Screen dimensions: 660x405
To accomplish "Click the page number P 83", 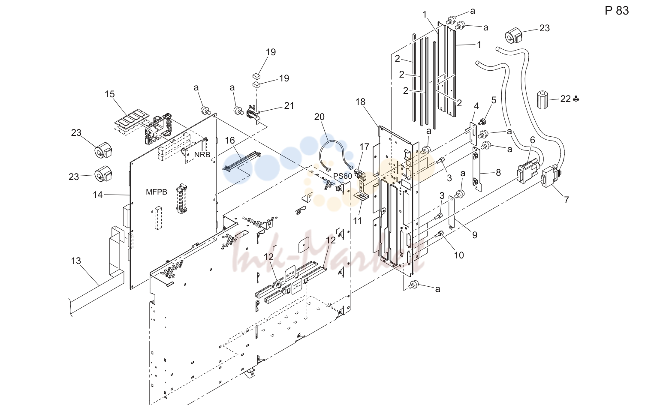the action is [x=617, y=11].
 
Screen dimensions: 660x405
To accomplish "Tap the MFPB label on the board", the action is [x=157, y=192].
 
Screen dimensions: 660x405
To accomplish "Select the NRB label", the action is [x=202, y=154].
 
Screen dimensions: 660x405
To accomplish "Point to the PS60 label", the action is [x=343, y=176].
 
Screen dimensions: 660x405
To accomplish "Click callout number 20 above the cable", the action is [x=319, y=117].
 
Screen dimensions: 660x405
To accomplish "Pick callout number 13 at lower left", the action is [x=76, y=261].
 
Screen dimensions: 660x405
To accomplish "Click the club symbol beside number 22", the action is [x=576, y=99].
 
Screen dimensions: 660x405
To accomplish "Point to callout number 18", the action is [x=360, y=102].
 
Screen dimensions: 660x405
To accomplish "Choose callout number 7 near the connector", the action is [x=567, y=200].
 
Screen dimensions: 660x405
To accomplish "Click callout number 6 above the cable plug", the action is [x=533, y=140].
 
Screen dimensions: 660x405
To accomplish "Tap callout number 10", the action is [x=459, y=255].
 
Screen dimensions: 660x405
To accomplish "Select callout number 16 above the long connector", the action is [x=230, y=141].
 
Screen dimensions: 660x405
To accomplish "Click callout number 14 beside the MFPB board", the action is [x=98, y=195].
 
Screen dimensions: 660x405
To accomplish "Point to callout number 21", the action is [x=289, y=106].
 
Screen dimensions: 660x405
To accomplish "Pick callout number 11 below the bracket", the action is [x=357, y=221].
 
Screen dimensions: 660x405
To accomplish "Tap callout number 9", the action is [x=475, y=235].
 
